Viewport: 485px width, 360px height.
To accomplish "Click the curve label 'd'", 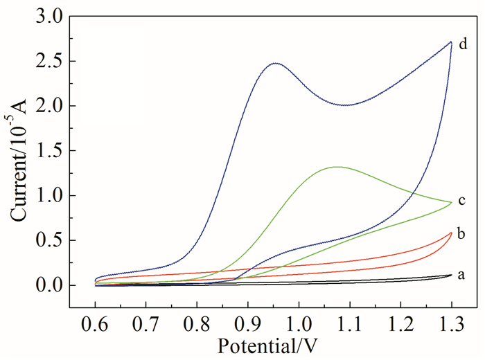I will (x=462, y=44).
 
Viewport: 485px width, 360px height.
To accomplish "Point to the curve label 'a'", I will (x=462, y=275).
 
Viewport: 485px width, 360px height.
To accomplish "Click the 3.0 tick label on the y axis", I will (x=55, y=16).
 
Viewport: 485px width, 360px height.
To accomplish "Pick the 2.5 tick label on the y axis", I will (x=55, y=61).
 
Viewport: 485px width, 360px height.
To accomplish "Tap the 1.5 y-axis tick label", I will (x=55, y=151).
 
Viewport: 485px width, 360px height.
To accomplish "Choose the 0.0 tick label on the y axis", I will (x=55, y=285).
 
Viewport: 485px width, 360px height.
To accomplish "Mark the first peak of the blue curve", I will (x=276, y=63).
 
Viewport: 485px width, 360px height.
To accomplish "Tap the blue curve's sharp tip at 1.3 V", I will (x=451, y=42).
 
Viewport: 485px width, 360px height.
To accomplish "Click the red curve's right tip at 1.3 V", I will (x=452, y=233).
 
